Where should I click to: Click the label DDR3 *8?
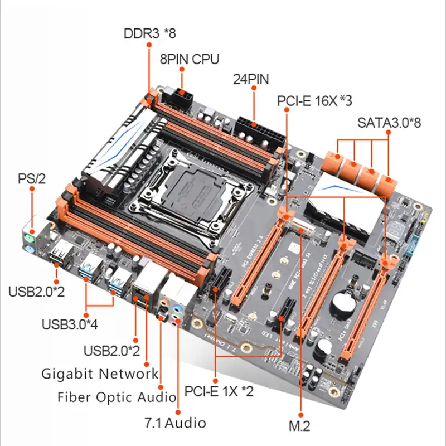tap(149, 33)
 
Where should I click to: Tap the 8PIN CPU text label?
tap(189, 59)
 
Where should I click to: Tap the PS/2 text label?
tap(32, 178)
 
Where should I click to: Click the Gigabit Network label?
tap(100, 374)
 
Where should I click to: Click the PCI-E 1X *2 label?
tap(219, 391)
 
